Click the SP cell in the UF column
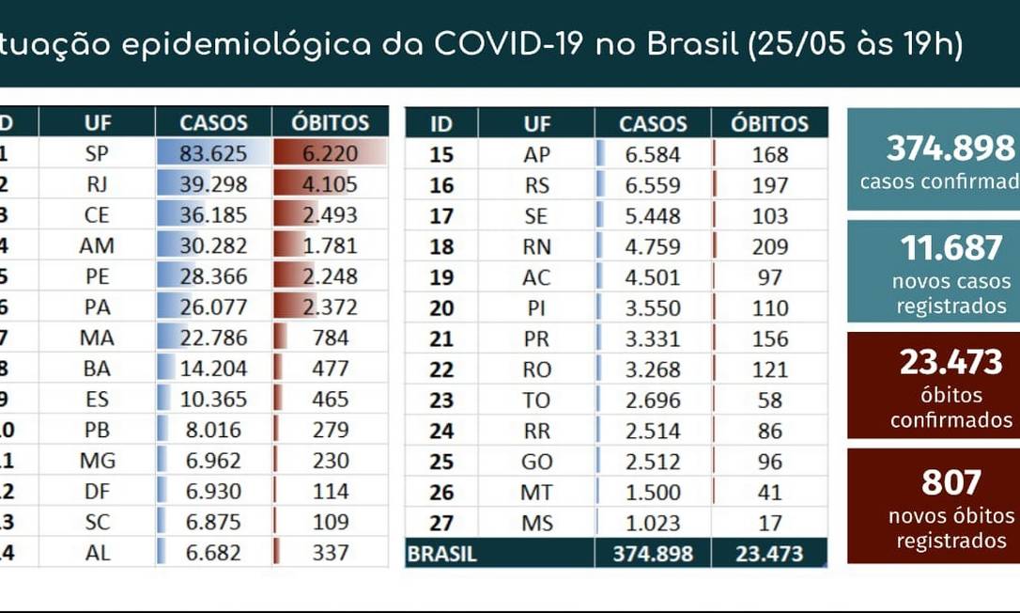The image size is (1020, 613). pos(98,154)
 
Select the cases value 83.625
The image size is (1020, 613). pos(213,154)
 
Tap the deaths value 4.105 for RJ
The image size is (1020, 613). pos(329,184)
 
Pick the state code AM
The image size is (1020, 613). pos(98,245)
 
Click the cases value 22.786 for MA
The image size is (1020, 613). pos(213,338)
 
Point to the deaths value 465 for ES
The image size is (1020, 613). pos(330,399)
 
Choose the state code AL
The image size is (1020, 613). pos(98,553)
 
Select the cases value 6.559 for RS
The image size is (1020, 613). pos(653,185)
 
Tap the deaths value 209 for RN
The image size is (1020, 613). pos(770,246)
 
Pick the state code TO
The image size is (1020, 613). pos(536,400)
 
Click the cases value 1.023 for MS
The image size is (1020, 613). pos(653,523)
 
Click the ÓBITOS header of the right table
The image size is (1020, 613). pos(769,123)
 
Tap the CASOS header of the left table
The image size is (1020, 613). pos(213,122)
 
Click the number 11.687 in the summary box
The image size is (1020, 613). pos(951,248)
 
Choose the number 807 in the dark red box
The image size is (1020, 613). pos(951,483)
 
